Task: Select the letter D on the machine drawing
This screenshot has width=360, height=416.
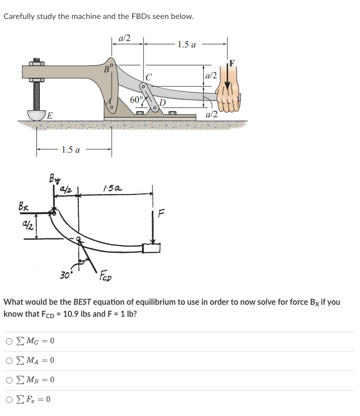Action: pyautogui.click(x=162, y=103)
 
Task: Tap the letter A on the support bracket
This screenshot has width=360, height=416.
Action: pyautogui.click(x=109, y=102)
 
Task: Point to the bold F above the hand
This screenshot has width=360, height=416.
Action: pyautogui.click(x=231, y=63)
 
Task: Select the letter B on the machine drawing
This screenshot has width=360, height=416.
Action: pyautogui.click(x=106, y=69)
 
